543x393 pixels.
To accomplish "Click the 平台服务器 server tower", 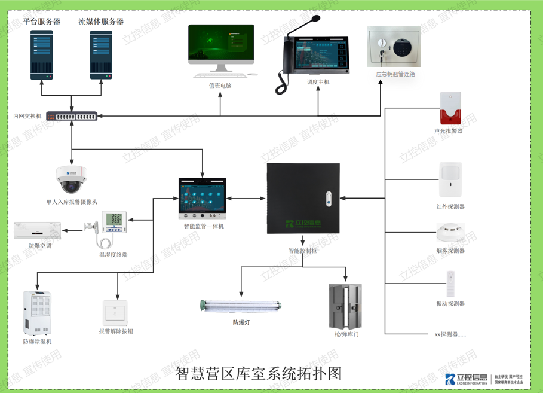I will (41, 54).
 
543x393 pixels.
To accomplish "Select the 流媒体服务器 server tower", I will (101, 54).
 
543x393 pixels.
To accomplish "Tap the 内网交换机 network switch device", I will (72, 116).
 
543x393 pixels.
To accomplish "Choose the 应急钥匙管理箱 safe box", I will (394, 47).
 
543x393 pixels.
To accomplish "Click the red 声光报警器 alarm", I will (450, 108).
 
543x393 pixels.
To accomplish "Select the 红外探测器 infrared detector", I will (450, 179).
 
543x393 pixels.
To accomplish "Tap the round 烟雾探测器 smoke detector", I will (450, 231).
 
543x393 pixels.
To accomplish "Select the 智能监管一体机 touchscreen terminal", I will (203, 198).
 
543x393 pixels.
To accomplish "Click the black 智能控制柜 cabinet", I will (303, 198).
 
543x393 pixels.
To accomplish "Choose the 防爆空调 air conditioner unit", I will (37, 230).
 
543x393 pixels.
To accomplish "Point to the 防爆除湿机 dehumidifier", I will (37, 313).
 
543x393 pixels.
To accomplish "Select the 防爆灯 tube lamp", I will (240, 306).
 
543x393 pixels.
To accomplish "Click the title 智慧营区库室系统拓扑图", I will (259, 374).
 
